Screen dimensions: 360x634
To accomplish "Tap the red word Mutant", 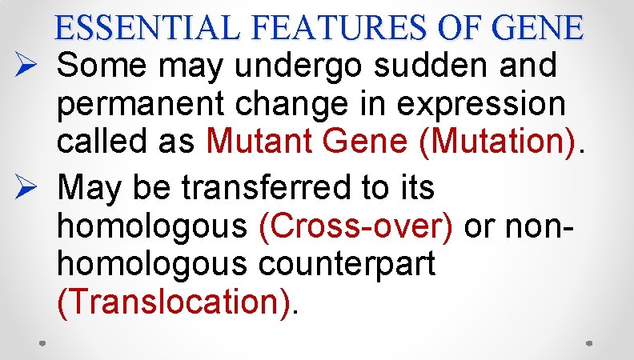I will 255,142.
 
